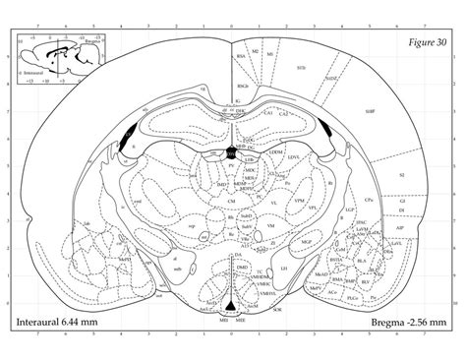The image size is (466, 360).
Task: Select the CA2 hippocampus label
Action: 284,115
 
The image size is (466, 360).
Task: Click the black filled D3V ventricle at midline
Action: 232,151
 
